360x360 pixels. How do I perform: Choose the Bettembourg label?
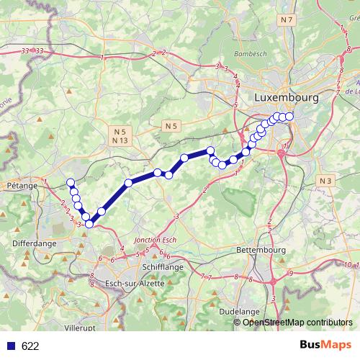[x=261, y=249]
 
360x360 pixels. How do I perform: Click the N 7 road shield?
[x=288, y=19]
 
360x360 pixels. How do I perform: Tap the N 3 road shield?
[x=328, y=180]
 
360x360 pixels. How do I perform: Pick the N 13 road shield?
[x=120, y=140]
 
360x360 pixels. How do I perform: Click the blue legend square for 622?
[x=10, y=346]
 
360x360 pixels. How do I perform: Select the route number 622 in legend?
[x=30, y=346]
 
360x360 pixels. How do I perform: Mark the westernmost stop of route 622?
[x=71, y=182]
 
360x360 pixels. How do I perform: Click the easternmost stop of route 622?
[x=289, y=117]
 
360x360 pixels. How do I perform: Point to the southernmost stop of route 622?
[x=89, y=224]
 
